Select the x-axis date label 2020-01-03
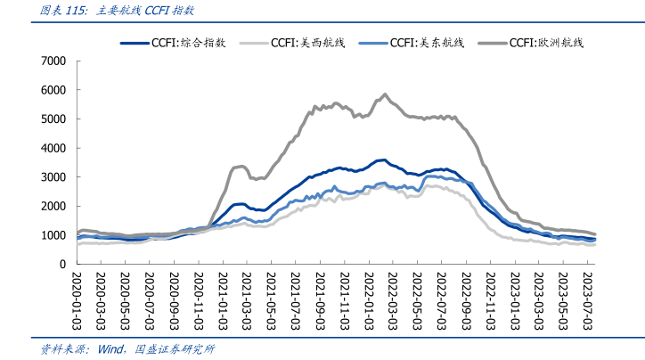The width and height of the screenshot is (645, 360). point(78,302)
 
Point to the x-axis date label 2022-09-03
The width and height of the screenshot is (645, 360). point(463,302)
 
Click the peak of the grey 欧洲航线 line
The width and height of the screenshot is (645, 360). point(384,94)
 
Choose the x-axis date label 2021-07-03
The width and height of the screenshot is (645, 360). point(293,302)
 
